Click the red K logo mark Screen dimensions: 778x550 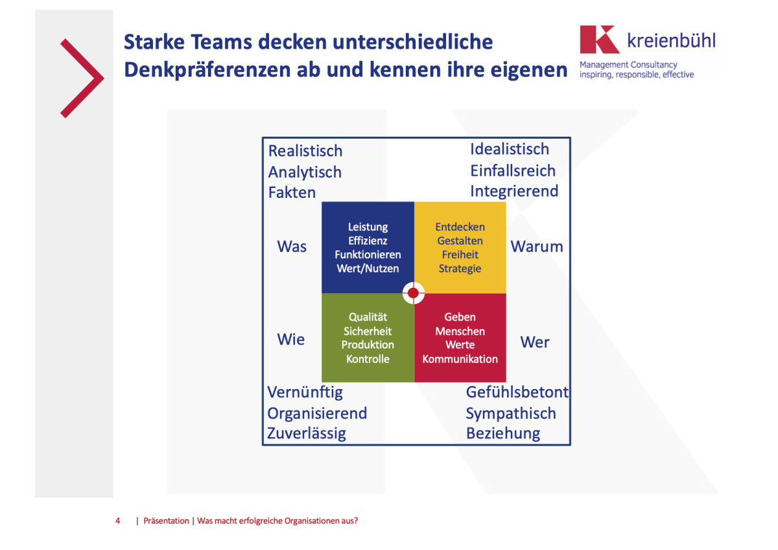click(x=599, y=40)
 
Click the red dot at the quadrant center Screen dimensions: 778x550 click(x=414, y=293)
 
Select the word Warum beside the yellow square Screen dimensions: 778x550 click(x=537, y=246)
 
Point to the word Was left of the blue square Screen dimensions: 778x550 click(x=292, y=246)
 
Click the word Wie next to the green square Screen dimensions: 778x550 click(x=290, y=339)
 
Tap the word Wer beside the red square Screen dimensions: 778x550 click(x=535, y=342)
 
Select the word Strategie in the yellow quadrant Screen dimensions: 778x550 click(x=460, y=269)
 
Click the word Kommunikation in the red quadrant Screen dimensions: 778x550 click(x=460, y=359)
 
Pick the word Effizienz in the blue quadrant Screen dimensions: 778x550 click(x=368, y=241)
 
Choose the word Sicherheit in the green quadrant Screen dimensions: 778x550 click(x=368, y=331)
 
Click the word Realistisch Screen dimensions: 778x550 click(x=305, y=150)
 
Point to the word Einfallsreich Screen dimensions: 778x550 click(x=513, y=171)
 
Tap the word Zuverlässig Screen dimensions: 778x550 click(x=306, y=433)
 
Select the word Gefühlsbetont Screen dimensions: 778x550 click(x=517, y=392)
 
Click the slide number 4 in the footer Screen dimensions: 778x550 click(x=118, y=520)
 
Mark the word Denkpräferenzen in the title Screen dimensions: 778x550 click(x=208, y=70)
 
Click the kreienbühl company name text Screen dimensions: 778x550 click(x=671, y=41)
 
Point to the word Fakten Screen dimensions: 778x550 click(x=292, y=192)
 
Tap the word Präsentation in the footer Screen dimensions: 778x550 click(x=166, y=520)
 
